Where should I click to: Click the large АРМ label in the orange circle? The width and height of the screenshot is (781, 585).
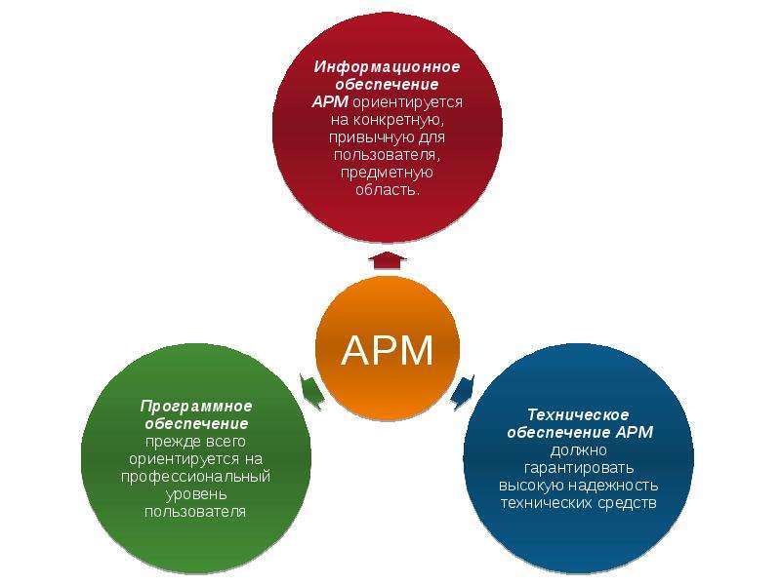pyautogui.click(x=388, y=350)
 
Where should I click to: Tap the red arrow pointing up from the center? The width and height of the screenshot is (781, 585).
pyautogui.click(x=388, y=260)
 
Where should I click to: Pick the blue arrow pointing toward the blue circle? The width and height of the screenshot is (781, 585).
pyautogui.click(x=463, y=392)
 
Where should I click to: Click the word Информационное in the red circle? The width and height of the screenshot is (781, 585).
pyautogui.click(x=387, y=66)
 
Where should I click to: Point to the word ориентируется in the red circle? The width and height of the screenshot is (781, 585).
pyautogui.click(x=408, y=102)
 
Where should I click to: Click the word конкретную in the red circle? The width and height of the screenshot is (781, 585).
pyautogui.click(x=397, y=120)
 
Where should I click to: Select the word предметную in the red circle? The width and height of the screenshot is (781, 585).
pyautogui.click(x=387, y=173)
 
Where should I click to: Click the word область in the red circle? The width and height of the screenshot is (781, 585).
pyautogui.click(x=387, y=189)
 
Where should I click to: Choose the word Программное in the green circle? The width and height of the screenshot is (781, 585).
pyautogui.click(x=196, y=407)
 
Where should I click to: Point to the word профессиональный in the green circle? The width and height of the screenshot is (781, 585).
pyautogui.click(x=196, y=477)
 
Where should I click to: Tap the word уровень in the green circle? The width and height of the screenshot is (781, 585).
pyautogui.click(x=196, y=494)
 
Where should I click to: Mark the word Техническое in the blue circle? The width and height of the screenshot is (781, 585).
pyautogui.click(x=578, y=415)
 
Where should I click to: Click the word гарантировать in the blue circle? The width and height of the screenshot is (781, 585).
pyautogui.click(x=579, y=468)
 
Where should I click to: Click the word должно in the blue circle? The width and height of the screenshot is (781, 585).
pyautogui.click(x=579, y=450)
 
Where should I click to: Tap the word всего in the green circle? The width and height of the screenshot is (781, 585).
pyautogui.click(x=224, y=442)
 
